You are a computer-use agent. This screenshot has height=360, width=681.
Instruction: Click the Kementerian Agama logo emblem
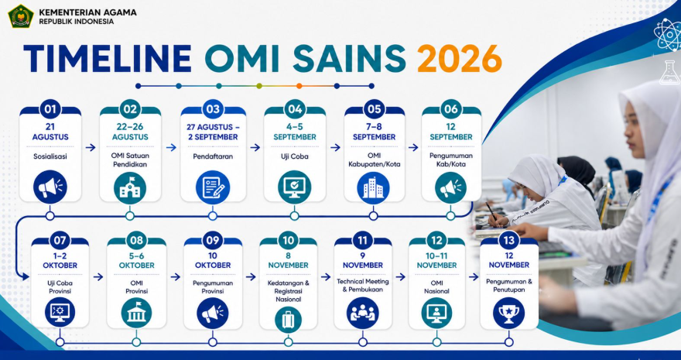(x=20, y=16)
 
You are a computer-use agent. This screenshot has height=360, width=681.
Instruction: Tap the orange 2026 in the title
(x=460, y=58)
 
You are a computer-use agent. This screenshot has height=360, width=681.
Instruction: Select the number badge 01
(x=50, y=109)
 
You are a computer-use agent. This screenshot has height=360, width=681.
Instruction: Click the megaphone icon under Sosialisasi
(x=50, y=187)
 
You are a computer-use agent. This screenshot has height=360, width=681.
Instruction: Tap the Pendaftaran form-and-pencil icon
(x=213, y=187)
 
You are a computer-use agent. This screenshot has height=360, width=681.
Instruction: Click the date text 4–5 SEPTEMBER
(x=295, y=132)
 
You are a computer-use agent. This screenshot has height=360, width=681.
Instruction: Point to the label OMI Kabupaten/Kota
(x=374, y=159)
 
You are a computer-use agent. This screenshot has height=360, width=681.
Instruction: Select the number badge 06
(x=451, y=109)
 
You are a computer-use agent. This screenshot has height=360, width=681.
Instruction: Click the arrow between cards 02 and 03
(x=172, y=148)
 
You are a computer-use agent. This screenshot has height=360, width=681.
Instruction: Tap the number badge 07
(x=60, y=240)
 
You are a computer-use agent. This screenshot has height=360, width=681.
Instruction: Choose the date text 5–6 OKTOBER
(x=136, y=260)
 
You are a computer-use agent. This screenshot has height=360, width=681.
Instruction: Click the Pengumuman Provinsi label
(x=213, y=287)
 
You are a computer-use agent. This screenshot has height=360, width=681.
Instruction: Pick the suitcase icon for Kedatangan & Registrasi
(x=289, y=320)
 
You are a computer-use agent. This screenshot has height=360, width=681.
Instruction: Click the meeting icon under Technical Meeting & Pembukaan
(x=363, y=313)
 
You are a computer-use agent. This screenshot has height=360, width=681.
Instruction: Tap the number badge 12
(x=437, y=240)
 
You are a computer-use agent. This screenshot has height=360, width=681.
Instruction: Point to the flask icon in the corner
(x=669, y=73)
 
